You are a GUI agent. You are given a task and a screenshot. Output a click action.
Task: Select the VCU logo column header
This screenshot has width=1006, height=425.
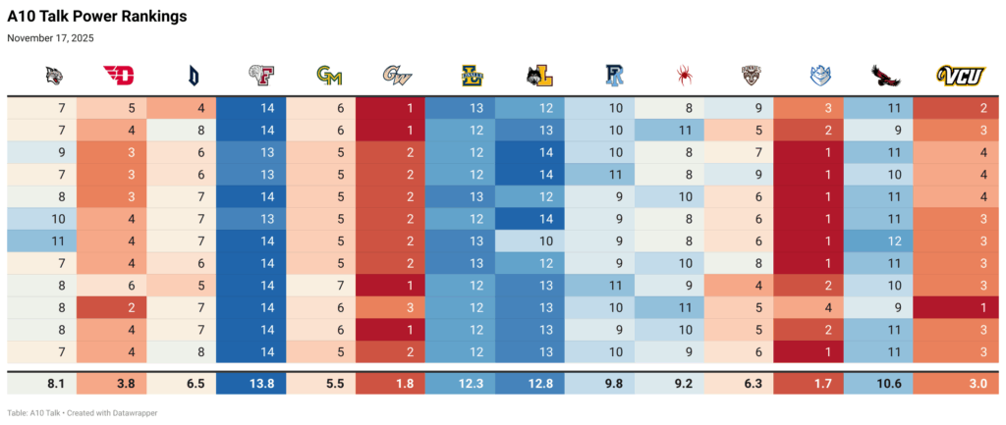(961, 75)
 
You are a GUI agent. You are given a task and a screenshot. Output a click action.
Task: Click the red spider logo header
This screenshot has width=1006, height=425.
(685, 75)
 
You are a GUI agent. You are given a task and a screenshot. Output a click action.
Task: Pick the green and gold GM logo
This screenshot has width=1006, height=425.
(328, 75)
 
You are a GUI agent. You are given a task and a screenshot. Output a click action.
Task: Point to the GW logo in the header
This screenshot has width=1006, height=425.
(398, 75)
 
